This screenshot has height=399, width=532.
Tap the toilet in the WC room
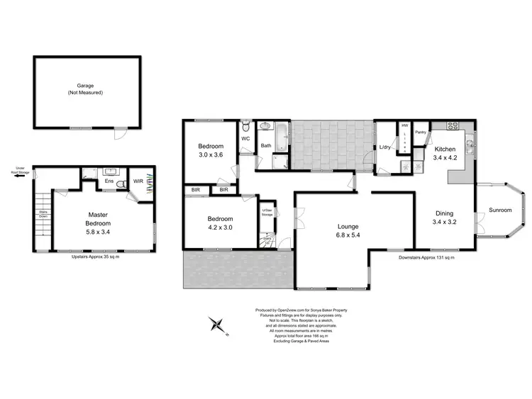245,128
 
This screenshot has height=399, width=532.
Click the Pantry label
420,131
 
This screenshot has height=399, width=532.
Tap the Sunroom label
501,210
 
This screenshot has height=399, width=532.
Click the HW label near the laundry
405,125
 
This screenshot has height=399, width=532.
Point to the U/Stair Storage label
268,213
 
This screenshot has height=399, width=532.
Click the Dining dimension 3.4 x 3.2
445,221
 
